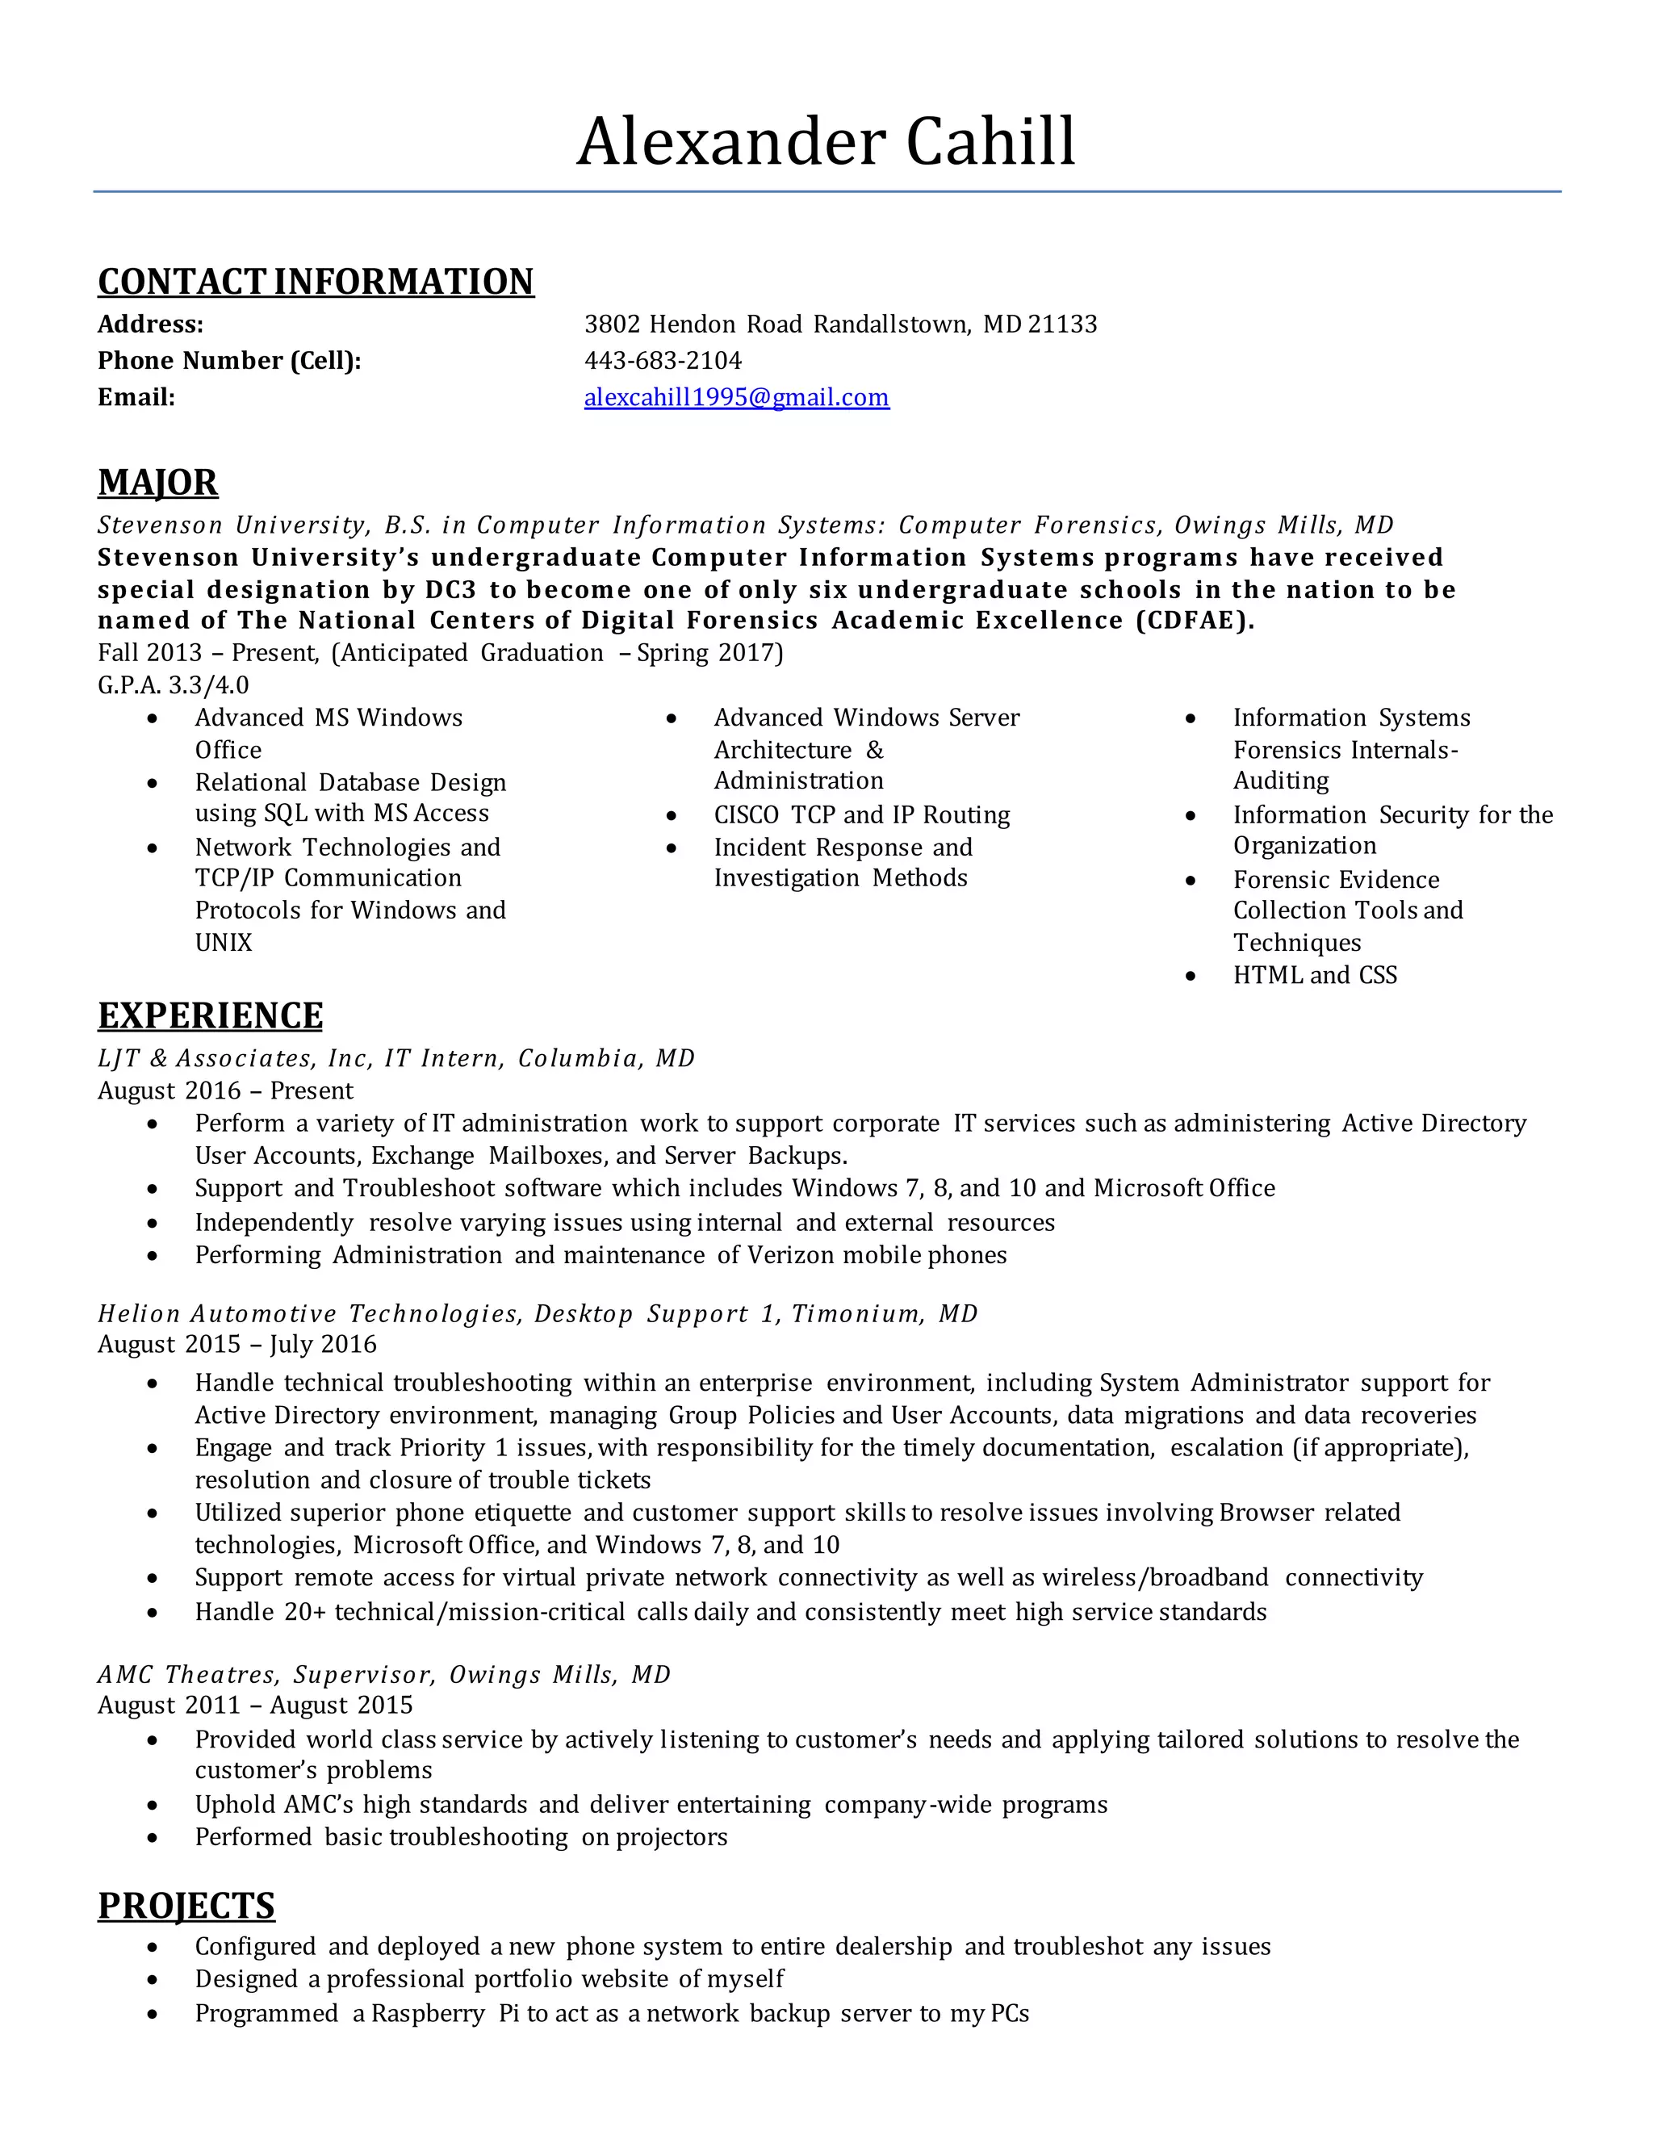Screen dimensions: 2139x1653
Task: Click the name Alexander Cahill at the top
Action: pyautogui.click(x=826, y=142)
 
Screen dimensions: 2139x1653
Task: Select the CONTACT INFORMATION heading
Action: pyautogui.click(x=316, y=282)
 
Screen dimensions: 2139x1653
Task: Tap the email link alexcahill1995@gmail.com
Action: pyautogui.click(x=736, y=398)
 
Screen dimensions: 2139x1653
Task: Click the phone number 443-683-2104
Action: pyautogui.click(x=663, y=361)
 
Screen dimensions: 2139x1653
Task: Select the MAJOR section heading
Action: pyautogui.click(x=157, y=483)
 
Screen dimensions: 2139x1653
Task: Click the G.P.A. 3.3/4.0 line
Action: pyautogui.click(x=174, y=684)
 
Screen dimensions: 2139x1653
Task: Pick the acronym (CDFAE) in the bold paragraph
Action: pyautogui.click(x=1195, y=621)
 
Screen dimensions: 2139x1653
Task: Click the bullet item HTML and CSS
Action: pyautogui.click(x=1314, y=976)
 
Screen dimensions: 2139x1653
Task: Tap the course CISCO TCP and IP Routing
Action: pyautogui.click(x=862, y=815)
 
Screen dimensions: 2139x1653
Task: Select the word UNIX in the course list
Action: pyautogui.click(x=224, y=943)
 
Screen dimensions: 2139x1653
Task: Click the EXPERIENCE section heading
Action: pyautogui.click(x=211, y=1015)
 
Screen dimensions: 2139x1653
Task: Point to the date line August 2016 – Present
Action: pyautogui.click(x=225, y=1091)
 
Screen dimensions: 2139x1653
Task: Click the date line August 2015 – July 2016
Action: pyautogui.click(x=237, y=1345)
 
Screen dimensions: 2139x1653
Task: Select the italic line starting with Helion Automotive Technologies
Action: pyautogui.click(x=538, y=1313)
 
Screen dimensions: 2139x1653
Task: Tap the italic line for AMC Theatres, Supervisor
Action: pyautogui.click(x=384, y=1675)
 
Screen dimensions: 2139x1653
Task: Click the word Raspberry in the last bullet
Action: pyautogui.click(x=427, y=2014)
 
